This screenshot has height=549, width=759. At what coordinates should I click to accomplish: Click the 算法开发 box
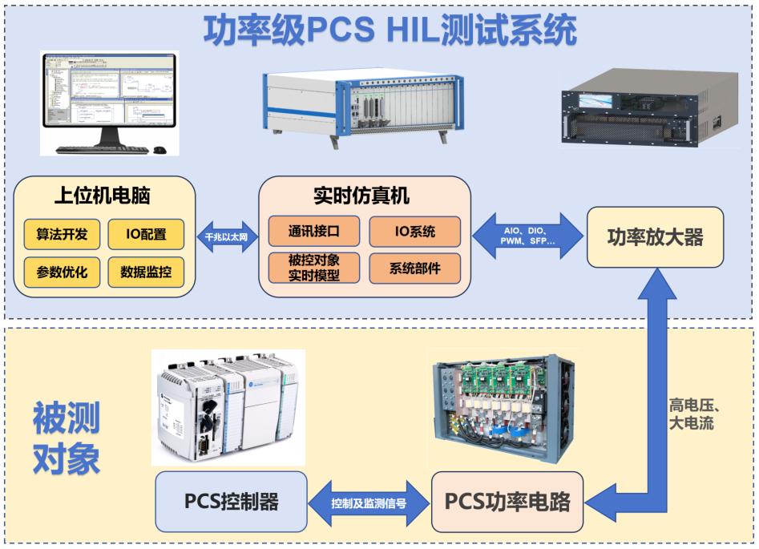(x=62, y=234)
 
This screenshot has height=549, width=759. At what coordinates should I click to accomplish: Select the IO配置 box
(x=146, y=234)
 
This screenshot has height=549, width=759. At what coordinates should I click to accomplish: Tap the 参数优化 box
(x=62, y=272)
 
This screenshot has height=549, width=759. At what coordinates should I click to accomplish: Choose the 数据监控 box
(x=146, y=272)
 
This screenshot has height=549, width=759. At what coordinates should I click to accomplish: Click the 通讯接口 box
(x=314, y=232)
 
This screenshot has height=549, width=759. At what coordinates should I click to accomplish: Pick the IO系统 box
(x=415, y=232)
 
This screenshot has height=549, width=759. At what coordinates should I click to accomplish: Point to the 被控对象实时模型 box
(x=314, y=268)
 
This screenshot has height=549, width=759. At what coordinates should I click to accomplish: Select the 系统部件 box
(x=415, y=268)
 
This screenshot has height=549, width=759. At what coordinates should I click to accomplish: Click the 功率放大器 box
(x=656, y=237)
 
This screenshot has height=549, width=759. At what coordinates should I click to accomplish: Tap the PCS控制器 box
(x=232, y=502)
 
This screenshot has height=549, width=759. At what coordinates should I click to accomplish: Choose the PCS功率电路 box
(x=507, y=502)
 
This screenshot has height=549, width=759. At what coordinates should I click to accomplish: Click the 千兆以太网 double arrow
(x=227, y=236)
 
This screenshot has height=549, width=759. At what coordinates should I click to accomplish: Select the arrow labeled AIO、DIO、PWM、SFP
(x=527, y=236)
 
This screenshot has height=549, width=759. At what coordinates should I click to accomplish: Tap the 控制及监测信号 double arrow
(x=369, y=503)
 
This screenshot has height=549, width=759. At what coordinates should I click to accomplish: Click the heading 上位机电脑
(x=102, y=196)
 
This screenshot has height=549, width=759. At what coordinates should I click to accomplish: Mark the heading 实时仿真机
(x=361, y=196)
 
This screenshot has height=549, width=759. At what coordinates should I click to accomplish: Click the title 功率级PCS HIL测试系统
(x=390, y=30)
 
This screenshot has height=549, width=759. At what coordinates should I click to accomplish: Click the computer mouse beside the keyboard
(x=160, y=150)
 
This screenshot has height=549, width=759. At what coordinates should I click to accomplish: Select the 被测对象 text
(x=67, y=438)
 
